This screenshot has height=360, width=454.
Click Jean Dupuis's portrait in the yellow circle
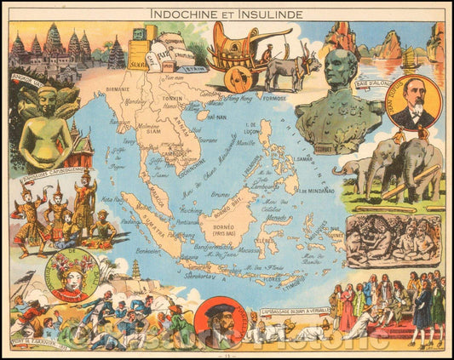coord(415,104)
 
